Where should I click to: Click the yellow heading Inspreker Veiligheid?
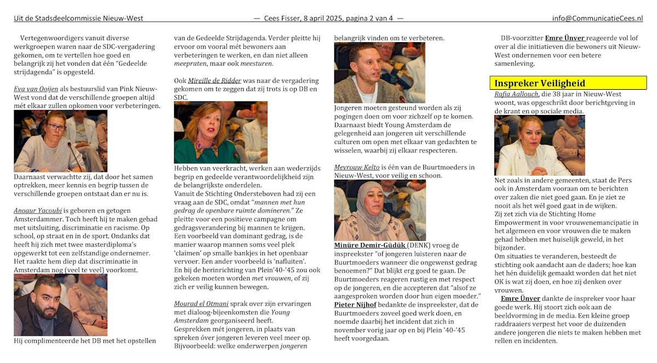539,83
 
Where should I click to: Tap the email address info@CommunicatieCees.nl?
597,18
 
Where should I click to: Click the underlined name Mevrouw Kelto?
357,167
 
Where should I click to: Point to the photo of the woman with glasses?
60,141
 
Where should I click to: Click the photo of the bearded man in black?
60,305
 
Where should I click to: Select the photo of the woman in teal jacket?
221,132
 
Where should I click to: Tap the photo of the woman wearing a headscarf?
379,210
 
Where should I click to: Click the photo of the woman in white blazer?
539,145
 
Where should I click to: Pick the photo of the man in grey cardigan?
379,72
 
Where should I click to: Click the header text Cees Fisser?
284,18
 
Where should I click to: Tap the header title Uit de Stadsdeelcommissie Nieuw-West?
78,18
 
